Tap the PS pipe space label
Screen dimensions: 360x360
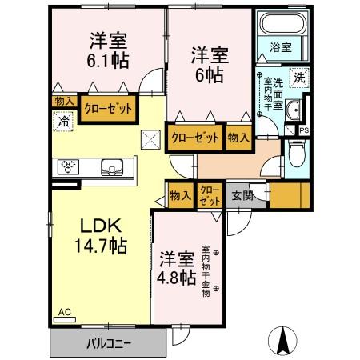coord(304,131)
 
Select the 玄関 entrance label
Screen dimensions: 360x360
coord(242,194)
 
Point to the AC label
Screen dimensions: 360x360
coord(64,312)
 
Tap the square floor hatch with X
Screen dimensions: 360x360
coord(150,139)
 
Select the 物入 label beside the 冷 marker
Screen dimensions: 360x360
coord(65,102)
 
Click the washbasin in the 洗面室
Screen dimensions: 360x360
coord(292,111)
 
